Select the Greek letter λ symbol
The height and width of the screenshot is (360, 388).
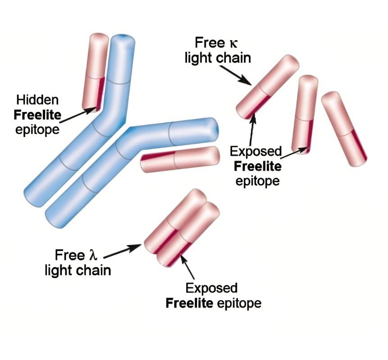coord(92,255)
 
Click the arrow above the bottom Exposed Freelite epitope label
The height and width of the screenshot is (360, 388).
coord(188,268)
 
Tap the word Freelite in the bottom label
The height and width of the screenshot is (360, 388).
coord(189,303)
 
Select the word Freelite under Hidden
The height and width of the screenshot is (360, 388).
coord(37,114)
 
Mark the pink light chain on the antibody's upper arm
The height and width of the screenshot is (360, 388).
coord(95,72)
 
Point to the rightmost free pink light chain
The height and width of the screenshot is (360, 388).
coord(344,128)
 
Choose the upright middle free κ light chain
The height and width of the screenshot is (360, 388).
coord(305,114)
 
